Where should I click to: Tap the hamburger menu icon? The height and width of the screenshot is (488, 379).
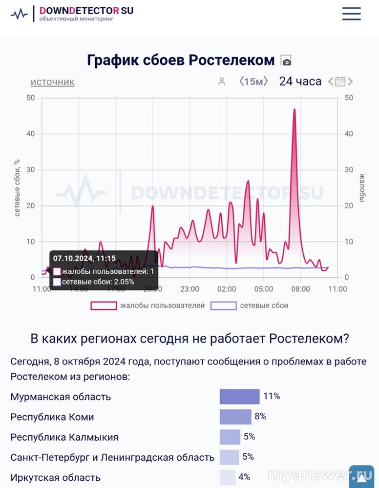(351, 14)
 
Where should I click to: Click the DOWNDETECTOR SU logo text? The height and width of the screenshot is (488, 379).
(86, 10)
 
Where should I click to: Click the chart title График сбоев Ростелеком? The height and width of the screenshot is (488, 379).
(181, 61)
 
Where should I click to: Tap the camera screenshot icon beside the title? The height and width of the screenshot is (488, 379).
(286, 61)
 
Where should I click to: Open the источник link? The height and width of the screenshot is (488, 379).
(52, 82)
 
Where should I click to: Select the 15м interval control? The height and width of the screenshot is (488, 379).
(253, 81)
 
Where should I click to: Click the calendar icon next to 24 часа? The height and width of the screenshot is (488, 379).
(340, 81)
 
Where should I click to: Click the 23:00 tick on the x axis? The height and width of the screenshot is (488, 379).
(189, 289)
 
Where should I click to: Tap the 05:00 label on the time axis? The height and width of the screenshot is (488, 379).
(263, 289)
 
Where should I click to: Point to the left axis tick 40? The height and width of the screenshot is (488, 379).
(30, 134)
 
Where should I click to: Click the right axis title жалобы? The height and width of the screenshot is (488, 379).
(362, 188)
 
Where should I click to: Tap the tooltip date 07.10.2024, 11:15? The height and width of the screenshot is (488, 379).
(84, 259)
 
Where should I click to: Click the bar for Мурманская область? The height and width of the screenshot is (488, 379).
(239, 396)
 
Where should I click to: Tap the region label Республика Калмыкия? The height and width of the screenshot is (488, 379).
(64, 437)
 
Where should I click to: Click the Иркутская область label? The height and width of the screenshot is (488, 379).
(55, 478)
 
